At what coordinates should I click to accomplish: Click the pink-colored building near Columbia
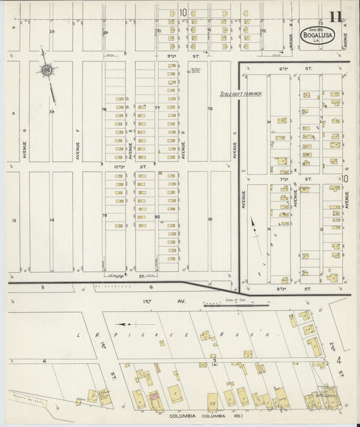tap(154, 396)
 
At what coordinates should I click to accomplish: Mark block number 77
tap(157, 108)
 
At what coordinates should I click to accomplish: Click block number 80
tap(157, 217)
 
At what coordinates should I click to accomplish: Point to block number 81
tap(210, 219)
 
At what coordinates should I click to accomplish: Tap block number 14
tap(51, 220)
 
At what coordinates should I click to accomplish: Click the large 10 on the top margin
tap(183, 12)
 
